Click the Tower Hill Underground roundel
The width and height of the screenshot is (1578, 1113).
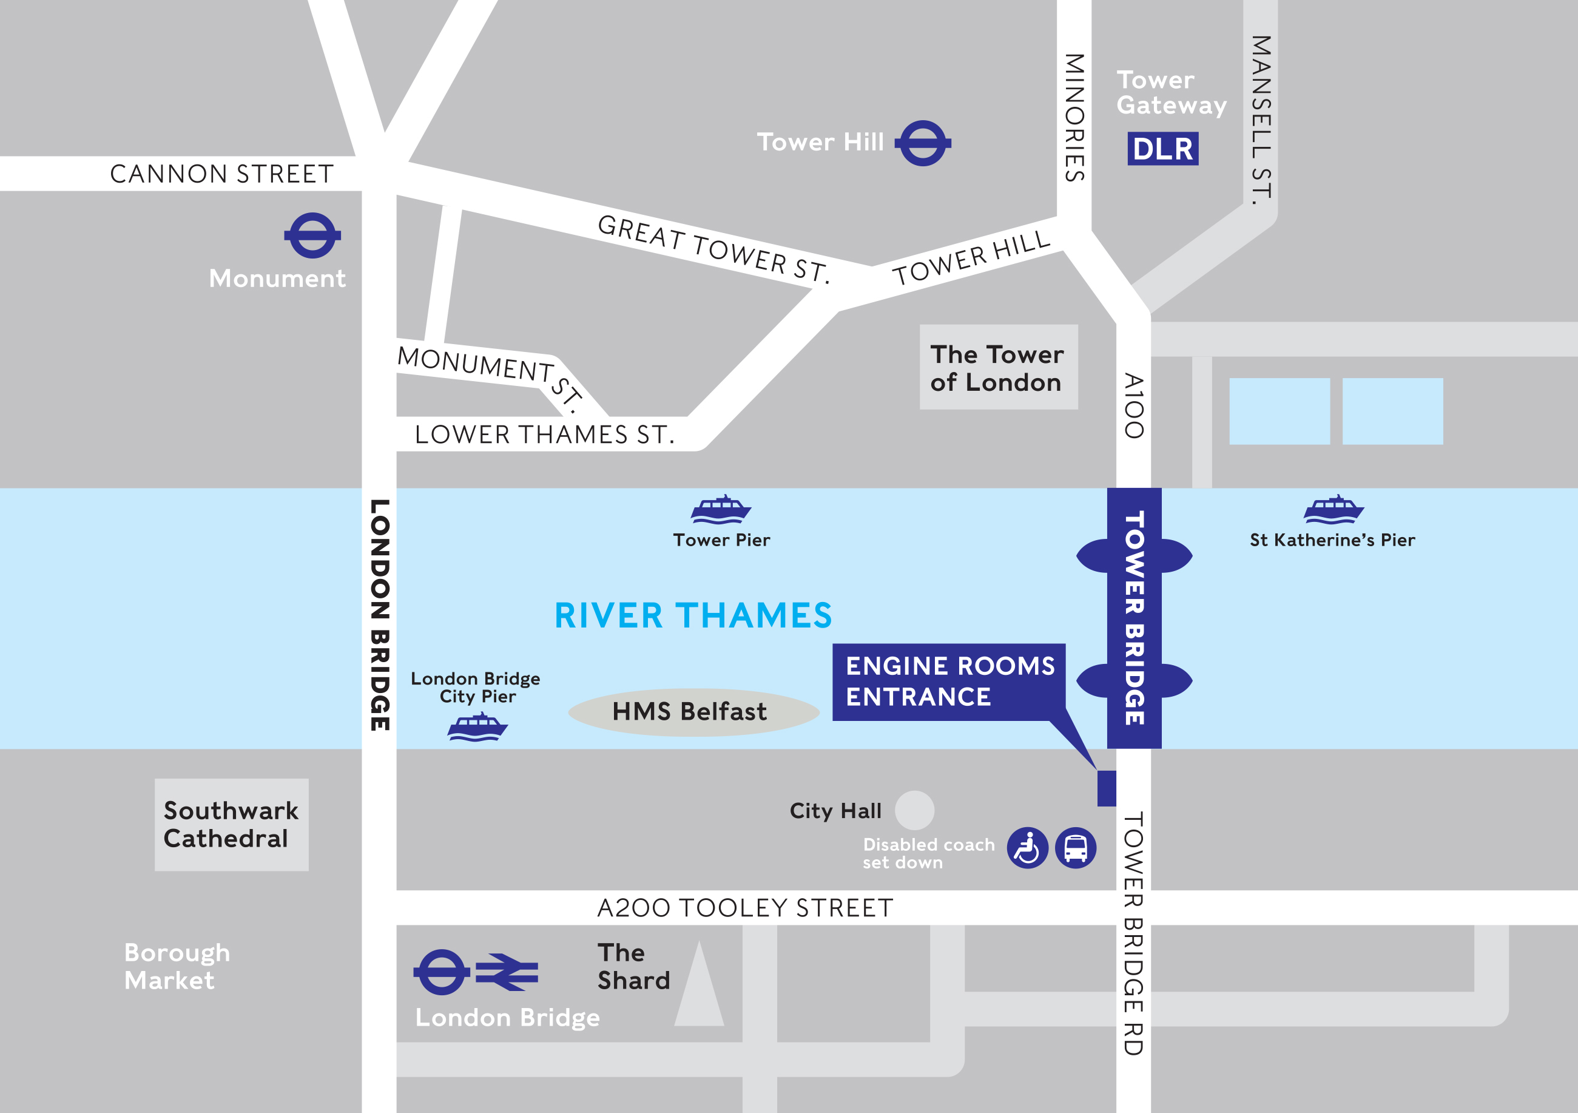922,143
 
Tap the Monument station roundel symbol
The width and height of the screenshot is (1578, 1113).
312,235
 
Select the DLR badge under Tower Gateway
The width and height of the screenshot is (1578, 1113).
1162,149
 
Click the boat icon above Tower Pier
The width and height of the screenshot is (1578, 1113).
720,509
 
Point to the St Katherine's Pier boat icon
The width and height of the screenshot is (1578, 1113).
1334,509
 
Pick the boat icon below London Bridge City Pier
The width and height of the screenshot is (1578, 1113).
477,728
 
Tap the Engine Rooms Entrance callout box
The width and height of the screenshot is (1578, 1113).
948,682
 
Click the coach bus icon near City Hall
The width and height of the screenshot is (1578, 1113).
1076,848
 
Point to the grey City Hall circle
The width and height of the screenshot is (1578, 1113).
914,810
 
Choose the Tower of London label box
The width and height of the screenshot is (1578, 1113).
998,367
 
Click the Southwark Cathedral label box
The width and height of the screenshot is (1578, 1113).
231,824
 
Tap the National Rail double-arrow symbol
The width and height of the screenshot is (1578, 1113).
507,972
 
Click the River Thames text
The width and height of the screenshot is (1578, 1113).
693,615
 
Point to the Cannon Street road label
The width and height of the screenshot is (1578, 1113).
221,174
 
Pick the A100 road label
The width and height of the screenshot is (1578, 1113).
1133,405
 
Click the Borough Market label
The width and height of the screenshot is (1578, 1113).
177,966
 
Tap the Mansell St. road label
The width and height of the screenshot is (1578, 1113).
1261,120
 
